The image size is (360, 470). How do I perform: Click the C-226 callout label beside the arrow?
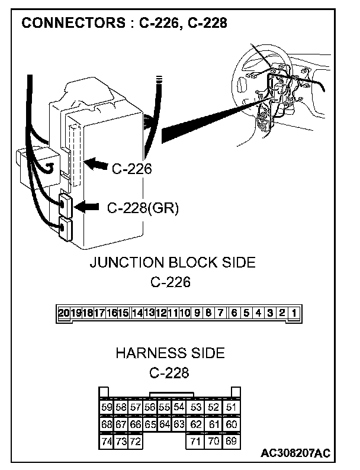click(132, 169)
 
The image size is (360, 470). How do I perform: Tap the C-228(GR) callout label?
click(143, 208)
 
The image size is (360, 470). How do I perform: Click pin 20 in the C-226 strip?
click(63, 312)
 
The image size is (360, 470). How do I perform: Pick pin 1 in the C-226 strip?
click(294, 312)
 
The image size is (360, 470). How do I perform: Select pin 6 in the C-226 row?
click(234, 312)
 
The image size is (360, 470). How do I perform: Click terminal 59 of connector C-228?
click(107, 407)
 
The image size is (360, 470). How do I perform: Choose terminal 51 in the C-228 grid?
click(232, 407)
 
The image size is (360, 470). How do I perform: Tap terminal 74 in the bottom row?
click(107, 441)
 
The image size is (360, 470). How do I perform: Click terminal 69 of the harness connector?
click(232, 441)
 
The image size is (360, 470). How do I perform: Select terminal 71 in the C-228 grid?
click(196, 441)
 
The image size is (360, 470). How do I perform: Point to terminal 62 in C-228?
click(196, 424)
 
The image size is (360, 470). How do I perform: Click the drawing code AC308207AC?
click(295, 453)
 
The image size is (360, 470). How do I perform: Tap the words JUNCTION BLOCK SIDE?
click(172, 262)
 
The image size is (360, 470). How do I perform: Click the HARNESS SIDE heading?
click(170, 353)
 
